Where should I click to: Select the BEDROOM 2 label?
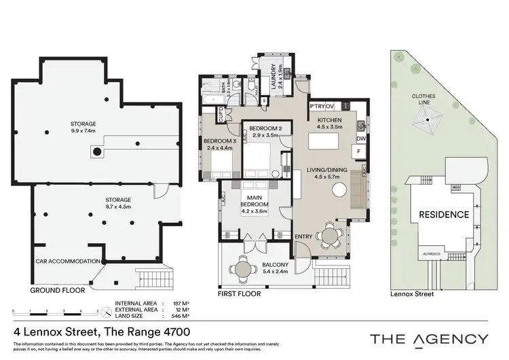(261, 128)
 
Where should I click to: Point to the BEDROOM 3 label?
(218, 141)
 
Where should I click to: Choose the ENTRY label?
(303, 236)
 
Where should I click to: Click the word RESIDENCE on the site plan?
(442, 214)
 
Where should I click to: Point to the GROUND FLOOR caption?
(57, 289)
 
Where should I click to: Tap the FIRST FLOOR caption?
(233, 296)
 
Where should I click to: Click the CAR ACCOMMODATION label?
(68, 261)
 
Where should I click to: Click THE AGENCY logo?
(428, 338)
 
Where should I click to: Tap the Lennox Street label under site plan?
(412, 295)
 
